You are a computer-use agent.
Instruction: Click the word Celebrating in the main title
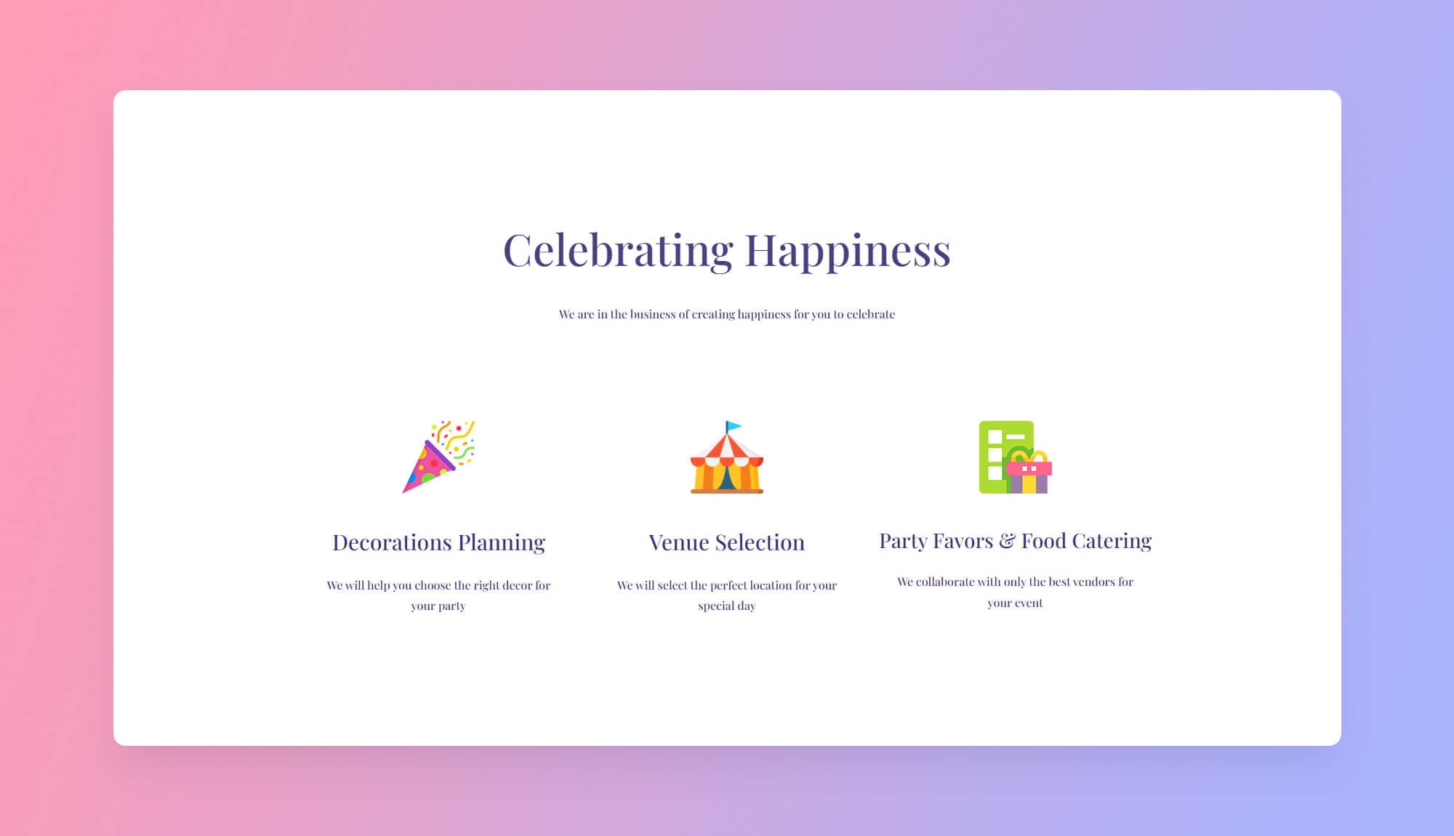tap(618, 251)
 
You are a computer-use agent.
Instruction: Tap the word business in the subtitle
tap(652, 314)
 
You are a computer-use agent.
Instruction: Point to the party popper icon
tap(438, 457)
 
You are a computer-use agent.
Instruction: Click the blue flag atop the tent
tap(734, 426)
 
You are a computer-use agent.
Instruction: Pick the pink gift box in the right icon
tap(1029, 473)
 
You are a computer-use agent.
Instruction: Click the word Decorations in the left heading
tap(392, 542)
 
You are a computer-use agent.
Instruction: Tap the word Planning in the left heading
tap(502, 542)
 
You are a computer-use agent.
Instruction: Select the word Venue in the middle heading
tap(678, 542)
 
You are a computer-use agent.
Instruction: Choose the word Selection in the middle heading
tap(760, 542)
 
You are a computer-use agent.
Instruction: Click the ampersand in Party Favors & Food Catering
tap(1007, 541)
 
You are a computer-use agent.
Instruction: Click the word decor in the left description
tap(517, 585)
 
